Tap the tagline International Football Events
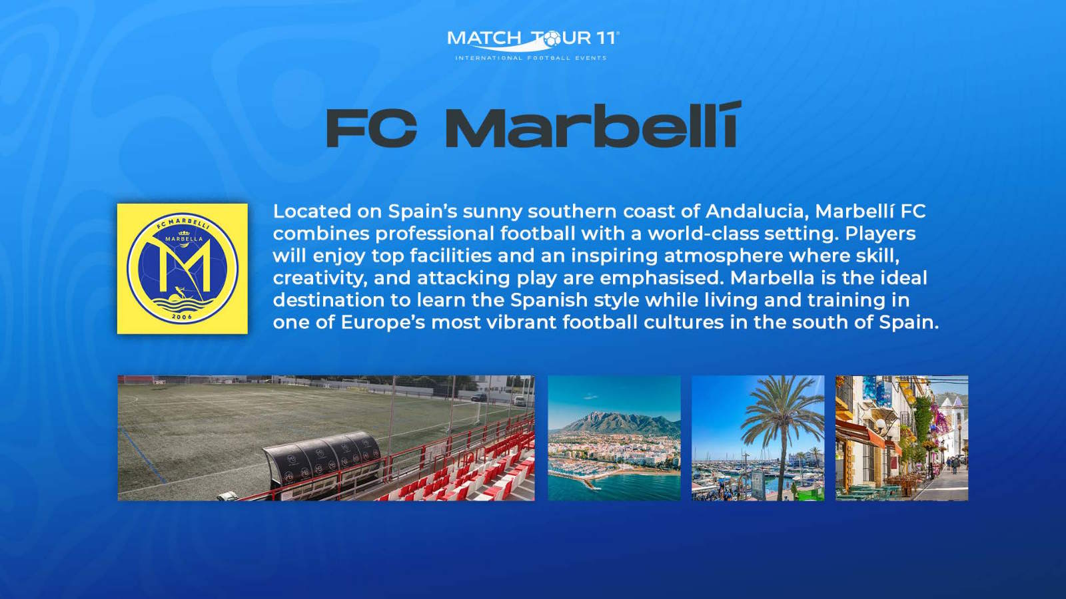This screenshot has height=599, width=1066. (531, 58)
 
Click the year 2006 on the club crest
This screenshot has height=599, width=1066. (183, 317)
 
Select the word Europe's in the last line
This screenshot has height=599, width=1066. (382, 322)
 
